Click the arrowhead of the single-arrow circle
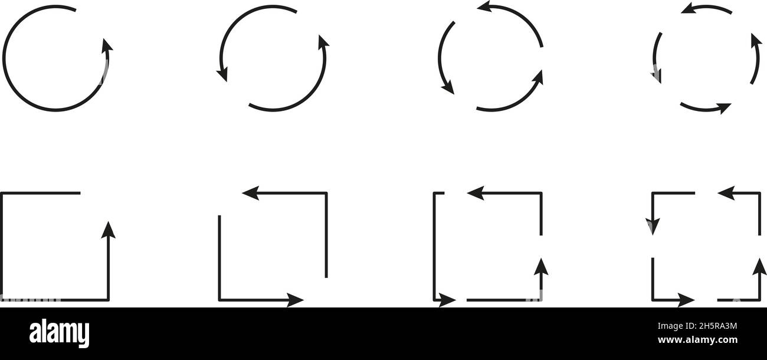coord(107,46)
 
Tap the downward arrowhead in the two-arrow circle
coord(222,74)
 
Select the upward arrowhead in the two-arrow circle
coord(323,42)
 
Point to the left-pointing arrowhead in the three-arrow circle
coord(485,6)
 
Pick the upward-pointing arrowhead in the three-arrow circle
coord(537,78)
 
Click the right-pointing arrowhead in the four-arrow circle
coord(725,108)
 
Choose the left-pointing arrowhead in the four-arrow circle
coord(689,8)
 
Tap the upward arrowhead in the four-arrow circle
coord(756,41)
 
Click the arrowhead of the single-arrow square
coord(108,230)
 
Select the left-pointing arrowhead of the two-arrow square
coord(251,193)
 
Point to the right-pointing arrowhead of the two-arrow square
coord(295,300)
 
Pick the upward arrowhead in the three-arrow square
coord(541,267)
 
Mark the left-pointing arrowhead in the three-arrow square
coord(476,193)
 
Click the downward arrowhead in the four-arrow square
coord(653,227)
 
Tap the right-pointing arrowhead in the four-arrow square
coord(686,300)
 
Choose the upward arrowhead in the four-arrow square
coord(759,267)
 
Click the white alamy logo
coord(59,333)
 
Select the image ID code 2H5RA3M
coord(717,326)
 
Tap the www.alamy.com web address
coord(697,340)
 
